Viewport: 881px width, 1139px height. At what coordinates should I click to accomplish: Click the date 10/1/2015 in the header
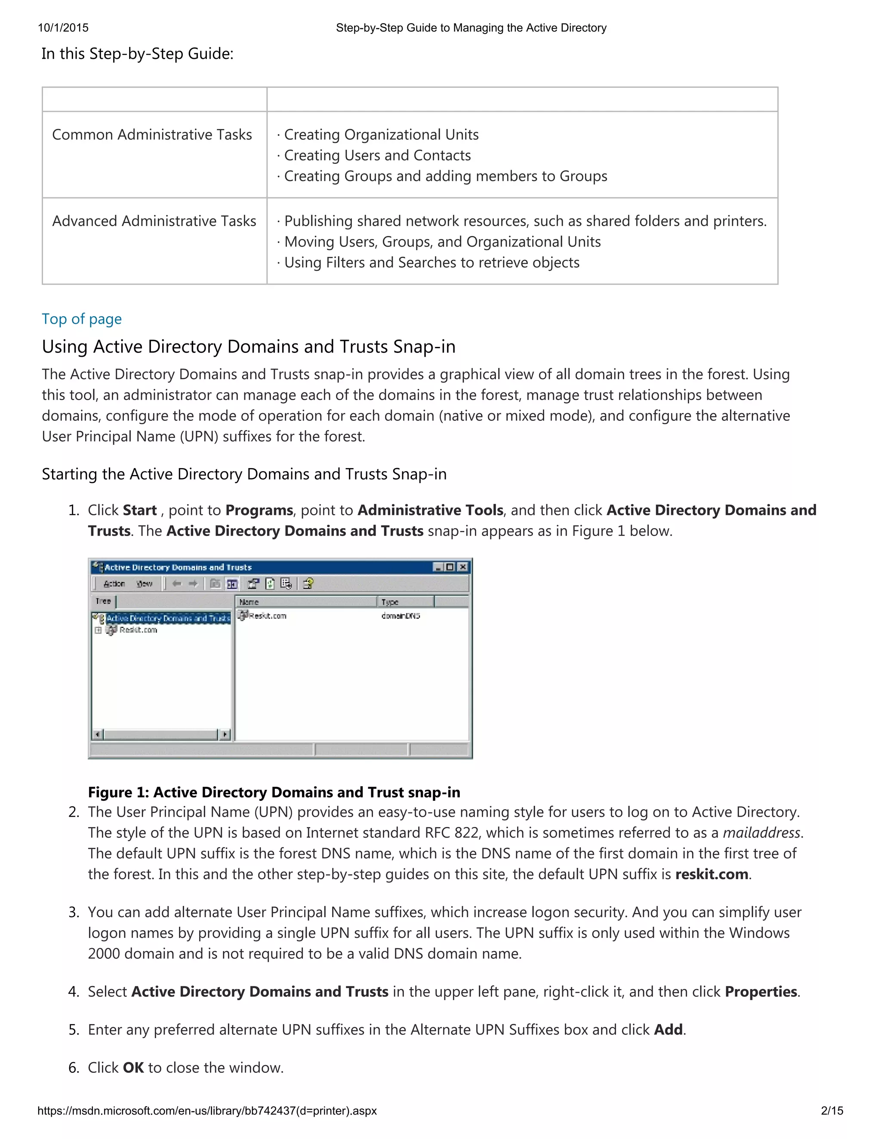[63, 28]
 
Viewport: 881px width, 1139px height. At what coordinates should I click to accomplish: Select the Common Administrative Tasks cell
[152, 135]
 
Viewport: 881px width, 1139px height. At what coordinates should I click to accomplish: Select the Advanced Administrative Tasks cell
[154, 221]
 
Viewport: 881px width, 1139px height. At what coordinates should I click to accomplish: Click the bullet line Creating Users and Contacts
[377, 156]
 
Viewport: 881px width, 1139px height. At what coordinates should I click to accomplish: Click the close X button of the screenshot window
[462, 567]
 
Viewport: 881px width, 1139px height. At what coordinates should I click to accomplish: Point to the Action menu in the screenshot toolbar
[114, 584]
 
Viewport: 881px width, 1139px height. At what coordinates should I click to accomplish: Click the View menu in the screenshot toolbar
[145, 584]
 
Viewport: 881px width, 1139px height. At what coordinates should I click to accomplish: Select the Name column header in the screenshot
[305, 602]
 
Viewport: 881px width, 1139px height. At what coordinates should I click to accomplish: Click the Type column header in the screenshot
[404, 602]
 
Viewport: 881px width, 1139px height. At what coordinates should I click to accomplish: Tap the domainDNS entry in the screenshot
[401, 616]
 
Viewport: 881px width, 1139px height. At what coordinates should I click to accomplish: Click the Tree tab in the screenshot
[103, 601]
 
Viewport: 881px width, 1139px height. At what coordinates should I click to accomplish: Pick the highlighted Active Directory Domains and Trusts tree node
[168, 618]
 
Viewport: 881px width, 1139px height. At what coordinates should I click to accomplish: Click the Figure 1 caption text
[274, 792]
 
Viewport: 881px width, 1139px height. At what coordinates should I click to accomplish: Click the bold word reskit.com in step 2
[712, 874]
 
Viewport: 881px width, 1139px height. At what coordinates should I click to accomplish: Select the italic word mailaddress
[761, 833]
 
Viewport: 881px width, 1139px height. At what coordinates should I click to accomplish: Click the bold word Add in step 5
[668, 1029]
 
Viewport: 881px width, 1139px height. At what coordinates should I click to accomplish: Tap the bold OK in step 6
[133, 1068]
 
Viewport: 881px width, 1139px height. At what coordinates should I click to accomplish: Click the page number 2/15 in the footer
[832, 1110]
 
